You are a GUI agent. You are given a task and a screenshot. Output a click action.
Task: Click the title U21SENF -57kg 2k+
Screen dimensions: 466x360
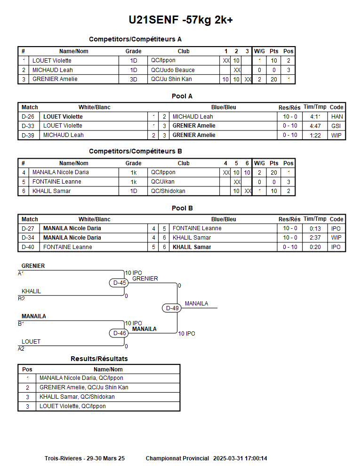(x=180, y=20)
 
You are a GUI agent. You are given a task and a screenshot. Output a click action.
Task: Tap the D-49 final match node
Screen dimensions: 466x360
(x=173, y=308)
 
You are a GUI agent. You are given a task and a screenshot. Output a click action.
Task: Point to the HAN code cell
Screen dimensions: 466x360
(x=336, y=117)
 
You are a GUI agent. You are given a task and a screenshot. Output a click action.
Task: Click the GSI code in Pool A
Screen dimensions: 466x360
(x=336, y=126)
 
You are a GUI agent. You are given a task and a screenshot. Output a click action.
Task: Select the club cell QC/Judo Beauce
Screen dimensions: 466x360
(x=173, y=70)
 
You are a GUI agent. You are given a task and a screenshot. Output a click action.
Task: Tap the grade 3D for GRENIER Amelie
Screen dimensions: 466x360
(x=134, y=80)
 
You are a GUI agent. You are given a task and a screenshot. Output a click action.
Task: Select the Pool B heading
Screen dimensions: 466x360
(x=182, y=208)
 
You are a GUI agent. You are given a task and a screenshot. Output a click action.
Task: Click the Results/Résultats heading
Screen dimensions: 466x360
(x=99, y=359)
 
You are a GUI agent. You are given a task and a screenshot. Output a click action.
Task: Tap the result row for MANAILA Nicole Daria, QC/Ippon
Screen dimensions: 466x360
(x=81, y=378)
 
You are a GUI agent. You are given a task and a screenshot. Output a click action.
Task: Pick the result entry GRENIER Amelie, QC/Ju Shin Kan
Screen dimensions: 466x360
(x=84, y=387)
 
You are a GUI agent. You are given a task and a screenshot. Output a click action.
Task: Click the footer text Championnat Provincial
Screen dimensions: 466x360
(x=177, y=458)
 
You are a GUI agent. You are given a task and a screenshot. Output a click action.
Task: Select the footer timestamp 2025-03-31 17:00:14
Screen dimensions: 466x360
(x=240, y=458)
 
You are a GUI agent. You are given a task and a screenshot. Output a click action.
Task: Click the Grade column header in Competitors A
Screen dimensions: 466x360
(x=134, y=51)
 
